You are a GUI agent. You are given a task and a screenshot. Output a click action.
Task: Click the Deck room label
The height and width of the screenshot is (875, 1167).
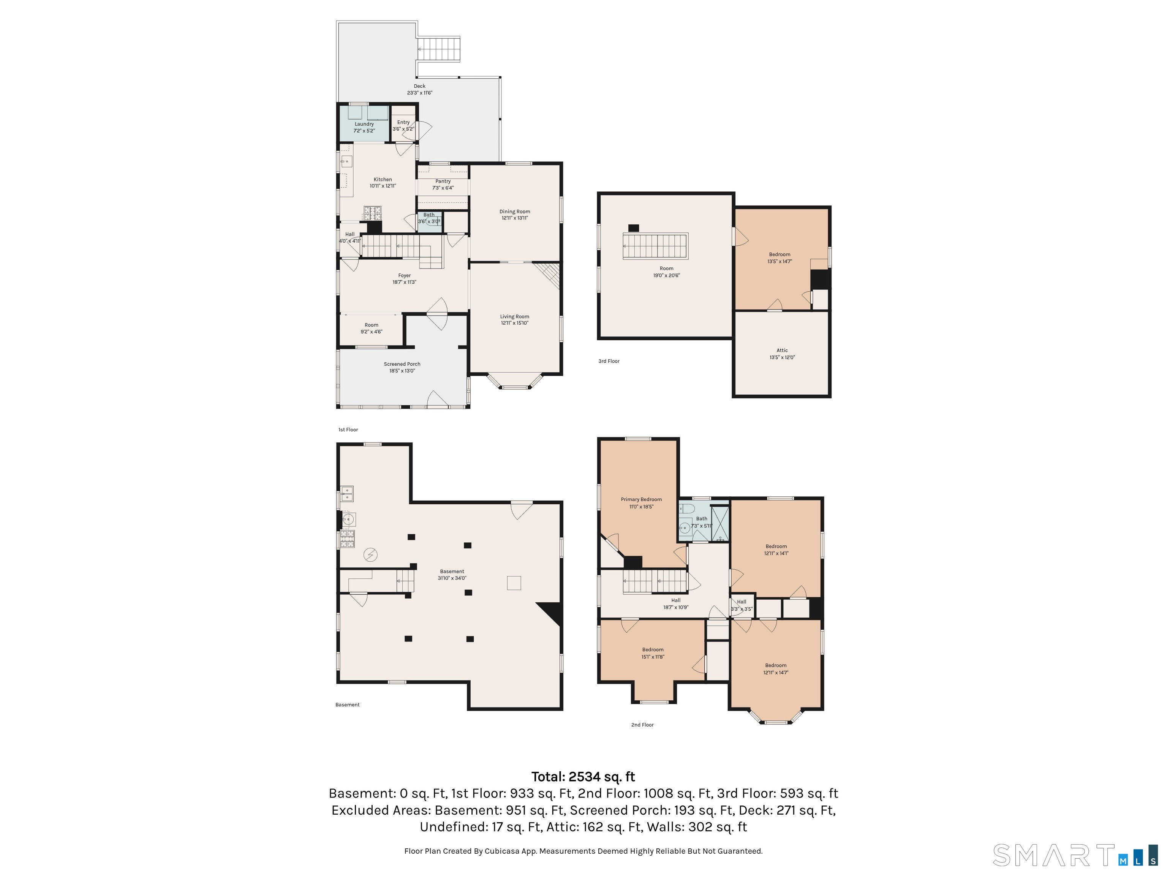419,86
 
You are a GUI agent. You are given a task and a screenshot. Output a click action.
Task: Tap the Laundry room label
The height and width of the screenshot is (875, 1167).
364,124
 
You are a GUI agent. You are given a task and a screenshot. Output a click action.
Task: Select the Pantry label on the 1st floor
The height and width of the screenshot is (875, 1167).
443,181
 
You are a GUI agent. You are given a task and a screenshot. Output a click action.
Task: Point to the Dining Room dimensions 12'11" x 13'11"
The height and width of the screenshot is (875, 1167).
515,218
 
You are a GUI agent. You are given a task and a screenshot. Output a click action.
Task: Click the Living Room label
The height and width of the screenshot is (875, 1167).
515,316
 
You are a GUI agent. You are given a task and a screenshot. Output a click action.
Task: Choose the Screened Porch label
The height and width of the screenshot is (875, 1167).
402,364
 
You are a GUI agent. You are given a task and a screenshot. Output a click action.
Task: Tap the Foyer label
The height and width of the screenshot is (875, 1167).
405,275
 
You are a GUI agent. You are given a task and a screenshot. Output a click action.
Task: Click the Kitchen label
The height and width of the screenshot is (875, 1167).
383,179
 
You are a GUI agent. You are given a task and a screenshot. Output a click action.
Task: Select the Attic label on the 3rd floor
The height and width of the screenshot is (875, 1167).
783,350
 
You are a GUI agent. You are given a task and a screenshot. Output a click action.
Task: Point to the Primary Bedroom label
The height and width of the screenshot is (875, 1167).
642,499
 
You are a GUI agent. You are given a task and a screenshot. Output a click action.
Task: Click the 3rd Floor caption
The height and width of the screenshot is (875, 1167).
609,361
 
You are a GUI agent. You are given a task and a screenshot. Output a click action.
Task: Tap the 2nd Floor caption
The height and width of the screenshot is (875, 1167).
643,725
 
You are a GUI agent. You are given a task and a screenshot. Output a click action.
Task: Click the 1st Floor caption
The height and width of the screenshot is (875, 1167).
348,430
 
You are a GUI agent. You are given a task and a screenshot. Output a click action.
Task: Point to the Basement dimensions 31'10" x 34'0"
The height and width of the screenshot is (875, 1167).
452,578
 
